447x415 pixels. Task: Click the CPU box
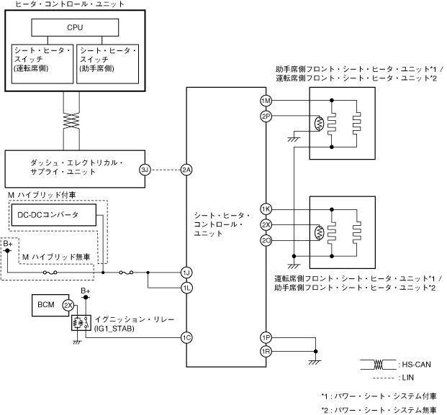(x=75, y=27)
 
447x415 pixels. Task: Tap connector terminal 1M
(x=266, y=100)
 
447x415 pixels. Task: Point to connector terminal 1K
(x=266, y=209)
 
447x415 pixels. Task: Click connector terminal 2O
(x=266, y=240)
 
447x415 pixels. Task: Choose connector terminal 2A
(x=186, y=170)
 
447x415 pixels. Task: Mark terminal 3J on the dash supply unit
(x=145, y=170)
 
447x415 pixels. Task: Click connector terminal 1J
(x=186, y=273)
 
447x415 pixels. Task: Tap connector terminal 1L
(x=186, y=288)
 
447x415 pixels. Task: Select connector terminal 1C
(x=186, y=337)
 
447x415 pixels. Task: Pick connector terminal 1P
(x=266, y=337)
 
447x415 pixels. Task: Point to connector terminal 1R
(x=266, y=351)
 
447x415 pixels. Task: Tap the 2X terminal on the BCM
(x=68, y=305)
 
